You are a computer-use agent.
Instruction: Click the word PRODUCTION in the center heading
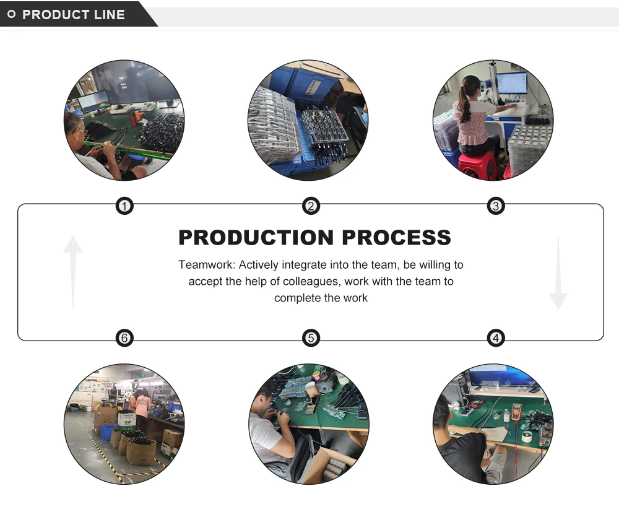(x=256, y=238)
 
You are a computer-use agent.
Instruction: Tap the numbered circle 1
(x=124, y=206)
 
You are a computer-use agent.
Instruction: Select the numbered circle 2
(x=311, y=206)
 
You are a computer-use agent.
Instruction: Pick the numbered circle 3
(x=495, y=206)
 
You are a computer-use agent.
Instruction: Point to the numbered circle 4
(x=495, y=338)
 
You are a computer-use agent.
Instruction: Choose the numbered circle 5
(x=311, y=338)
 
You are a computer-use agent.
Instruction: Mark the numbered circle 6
(x=124, y=338)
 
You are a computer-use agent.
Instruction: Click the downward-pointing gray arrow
(x=558, y=272)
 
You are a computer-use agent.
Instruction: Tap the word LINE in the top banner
(x=110, y=15)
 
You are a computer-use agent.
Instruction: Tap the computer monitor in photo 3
(x=512, y=83)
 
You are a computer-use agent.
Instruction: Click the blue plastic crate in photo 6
(x=108, y=432)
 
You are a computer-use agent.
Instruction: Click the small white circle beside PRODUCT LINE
(x=11, y=14)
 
